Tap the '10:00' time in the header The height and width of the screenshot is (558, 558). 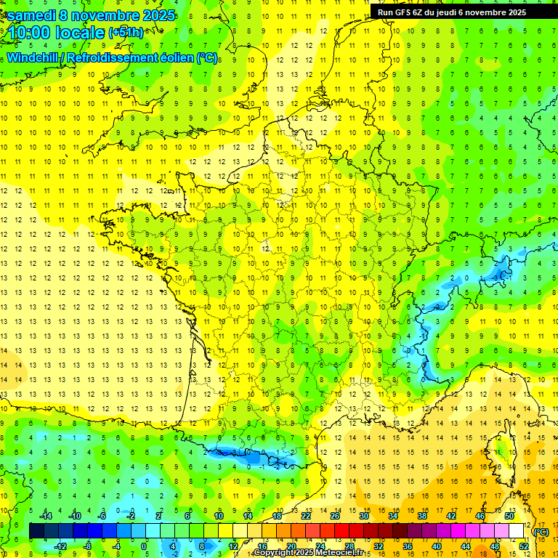click(28, 33)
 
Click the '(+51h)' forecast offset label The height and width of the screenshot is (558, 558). click(126, 33)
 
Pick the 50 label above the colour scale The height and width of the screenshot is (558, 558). click(509, 516)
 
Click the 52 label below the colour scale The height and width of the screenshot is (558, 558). click(523, 546)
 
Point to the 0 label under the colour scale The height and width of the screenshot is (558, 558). click(145, 546)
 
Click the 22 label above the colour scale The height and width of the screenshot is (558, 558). click(306, 516)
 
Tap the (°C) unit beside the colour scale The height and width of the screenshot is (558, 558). click(541, 531)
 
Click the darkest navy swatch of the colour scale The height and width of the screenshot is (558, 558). click(36, 531)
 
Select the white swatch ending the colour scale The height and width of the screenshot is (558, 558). click(516, 531)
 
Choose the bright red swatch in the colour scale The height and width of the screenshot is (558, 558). click(341, 531)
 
